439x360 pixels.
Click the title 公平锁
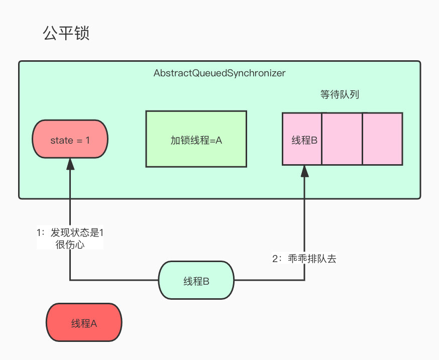66,34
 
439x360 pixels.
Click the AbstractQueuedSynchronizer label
219,73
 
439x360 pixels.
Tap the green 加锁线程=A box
196,139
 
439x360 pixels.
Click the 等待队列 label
340,94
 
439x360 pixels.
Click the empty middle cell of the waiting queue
342,139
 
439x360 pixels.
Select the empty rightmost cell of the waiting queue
382,139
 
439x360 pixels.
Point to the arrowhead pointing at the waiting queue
304,171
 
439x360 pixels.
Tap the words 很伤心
70,245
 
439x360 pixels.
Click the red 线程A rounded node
84,323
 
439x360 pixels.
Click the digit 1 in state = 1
87,141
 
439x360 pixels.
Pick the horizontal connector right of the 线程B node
269,280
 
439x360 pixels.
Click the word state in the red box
62,141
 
